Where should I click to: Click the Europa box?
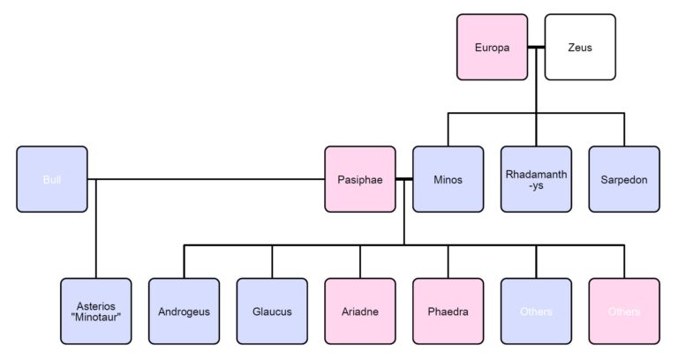[x=492, y=47]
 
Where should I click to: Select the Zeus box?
[x=580, y=47]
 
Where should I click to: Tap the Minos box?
[x=448, y=179]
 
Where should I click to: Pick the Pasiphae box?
[x=359, y=179]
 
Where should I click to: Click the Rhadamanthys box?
[x=536, y=179]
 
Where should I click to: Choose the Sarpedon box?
[x=624, y=179]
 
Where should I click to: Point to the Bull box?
[x=51, y=179]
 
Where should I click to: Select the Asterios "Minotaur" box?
[x=95, y=311]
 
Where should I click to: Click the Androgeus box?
[x=184, y=311]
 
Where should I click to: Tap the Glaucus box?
[x=272, y=311]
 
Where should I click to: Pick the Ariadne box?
[x=359, y=311]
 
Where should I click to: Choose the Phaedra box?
[x=448, y=311]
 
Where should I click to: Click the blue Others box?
[x=536, y=311]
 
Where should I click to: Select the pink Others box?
[x=624, y=311]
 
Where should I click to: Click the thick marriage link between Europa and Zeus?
[x=535, y=47]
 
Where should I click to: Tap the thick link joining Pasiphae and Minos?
[x=403, y=179]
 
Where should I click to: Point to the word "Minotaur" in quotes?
[x=95, y=318]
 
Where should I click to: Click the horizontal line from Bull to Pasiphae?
[x=212, y=179]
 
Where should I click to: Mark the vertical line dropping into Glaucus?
[x=272, y=261]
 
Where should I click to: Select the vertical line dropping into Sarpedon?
[x=624, y=129]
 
